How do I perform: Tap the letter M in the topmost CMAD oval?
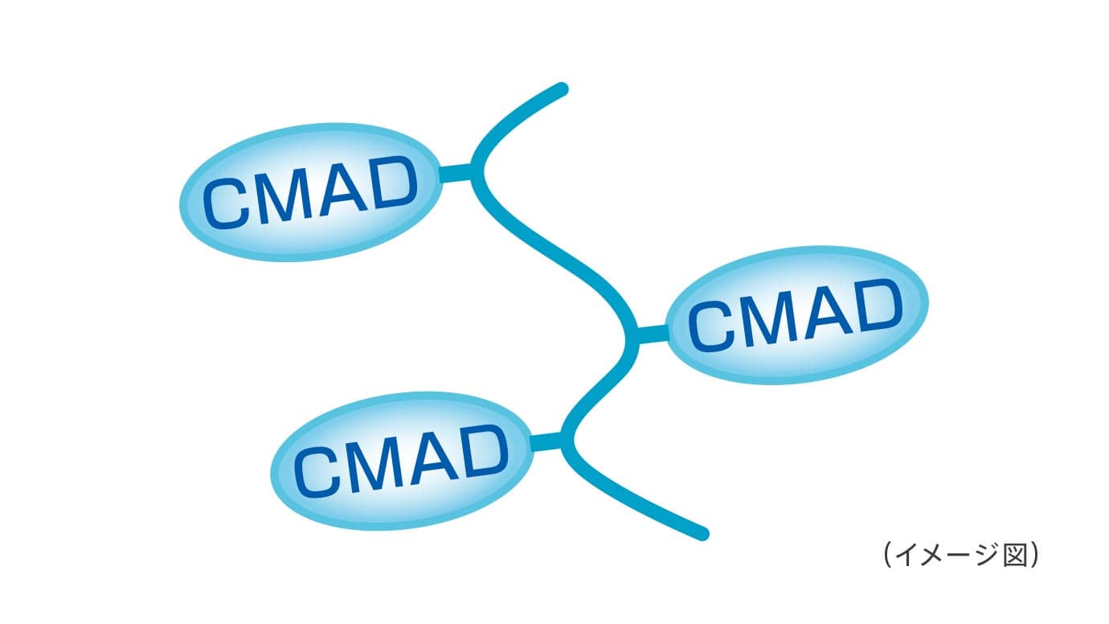282,195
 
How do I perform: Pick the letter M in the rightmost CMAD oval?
769,318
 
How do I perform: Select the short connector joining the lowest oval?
548,441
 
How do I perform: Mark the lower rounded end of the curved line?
702,533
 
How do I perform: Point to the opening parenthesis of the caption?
886,556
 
